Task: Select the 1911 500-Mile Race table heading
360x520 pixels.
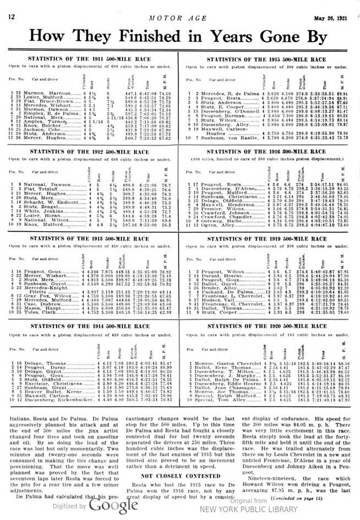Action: coord(90,58)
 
